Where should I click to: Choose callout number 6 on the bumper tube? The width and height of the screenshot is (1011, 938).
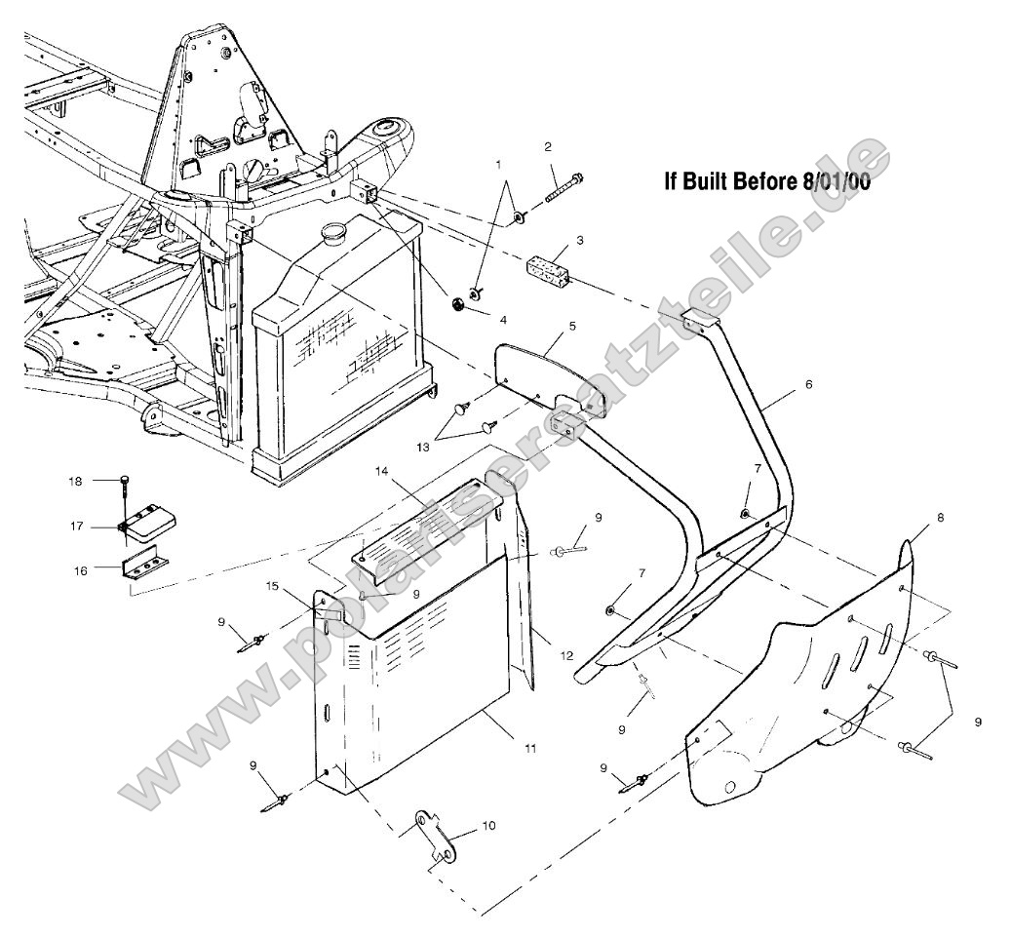click(808, 384)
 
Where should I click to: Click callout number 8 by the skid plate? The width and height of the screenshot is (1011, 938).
click(940, 519)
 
